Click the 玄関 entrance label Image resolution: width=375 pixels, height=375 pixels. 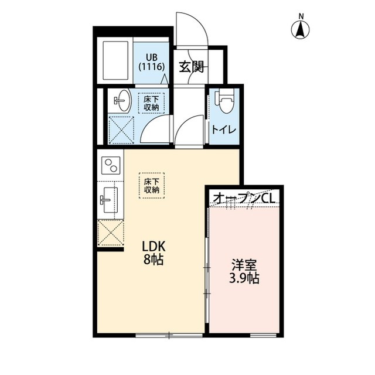tap(191, 67)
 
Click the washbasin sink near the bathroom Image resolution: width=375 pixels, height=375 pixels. tap(123, 101)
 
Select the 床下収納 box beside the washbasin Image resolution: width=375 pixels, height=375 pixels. tap(151, 103)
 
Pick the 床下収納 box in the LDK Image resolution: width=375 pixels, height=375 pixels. tap(152, 185)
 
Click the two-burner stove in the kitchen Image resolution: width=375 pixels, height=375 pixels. tap(110, 166)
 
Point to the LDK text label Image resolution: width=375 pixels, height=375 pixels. tap(151, 246)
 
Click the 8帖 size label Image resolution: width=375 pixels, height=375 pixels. tap(152, 260)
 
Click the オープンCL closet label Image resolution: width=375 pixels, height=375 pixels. tap(244, 199)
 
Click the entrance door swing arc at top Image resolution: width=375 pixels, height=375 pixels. tap(192, 28)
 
